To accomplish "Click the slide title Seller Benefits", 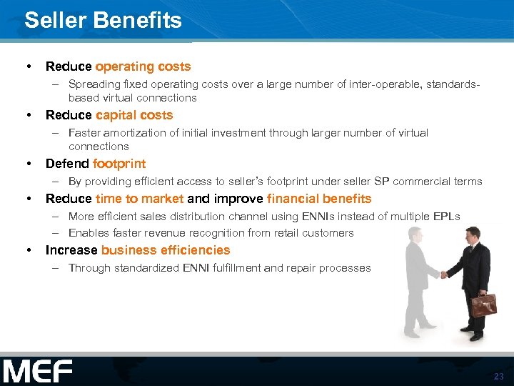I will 103,20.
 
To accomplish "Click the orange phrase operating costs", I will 143,66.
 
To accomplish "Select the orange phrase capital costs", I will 134,115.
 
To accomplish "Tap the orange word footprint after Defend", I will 119,164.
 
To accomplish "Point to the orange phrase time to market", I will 139,199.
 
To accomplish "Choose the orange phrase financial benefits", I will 319,199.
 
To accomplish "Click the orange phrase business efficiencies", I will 166,250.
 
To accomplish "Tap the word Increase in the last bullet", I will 71,250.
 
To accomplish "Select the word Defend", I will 67,164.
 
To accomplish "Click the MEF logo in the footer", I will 37,372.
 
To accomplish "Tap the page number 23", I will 498,376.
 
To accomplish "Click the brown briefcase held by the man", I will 483,305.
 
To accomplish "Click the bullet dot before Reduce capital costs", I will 29,115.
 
